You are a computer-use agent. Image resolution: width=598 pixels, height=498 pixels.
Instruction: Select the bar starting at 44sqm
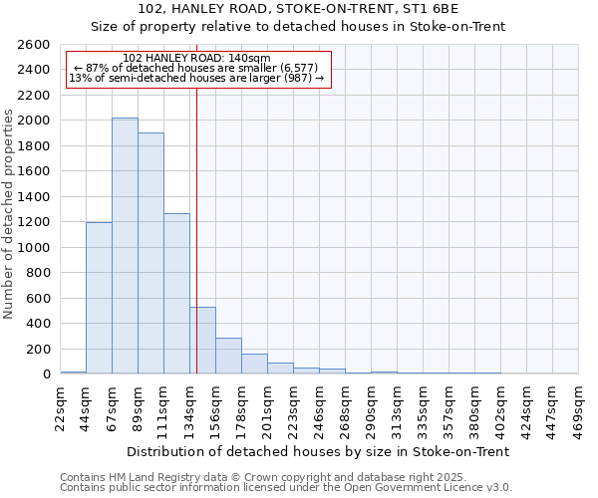pyautogui.click(x=99, y=298)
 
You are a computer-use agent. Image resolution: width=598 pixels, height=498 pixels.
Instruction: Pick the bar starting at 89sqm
pyautogui.click(x=150, y=253)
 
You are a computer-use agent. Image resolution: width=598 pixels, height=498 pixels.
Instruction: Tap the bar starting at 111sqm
pyautogui.click(x=176, y=294)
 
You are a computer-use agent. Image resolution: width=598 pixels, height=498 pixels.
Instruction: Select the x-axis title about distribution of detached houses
pyautogui.click(x=319, y=451)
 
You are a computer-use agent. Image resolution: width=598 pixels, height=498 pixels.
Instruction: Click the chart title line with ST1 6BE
pyautogui.click(x=299, y=10)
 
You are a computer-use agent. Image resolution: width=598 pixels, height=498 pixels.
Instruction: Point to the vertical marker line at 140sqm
pyautogui.click(x=197, y=229)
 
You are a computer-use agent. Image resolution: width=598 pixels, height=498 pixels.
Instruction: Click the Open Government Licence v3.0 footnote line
pyautogui.click(x=286, y=487)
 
